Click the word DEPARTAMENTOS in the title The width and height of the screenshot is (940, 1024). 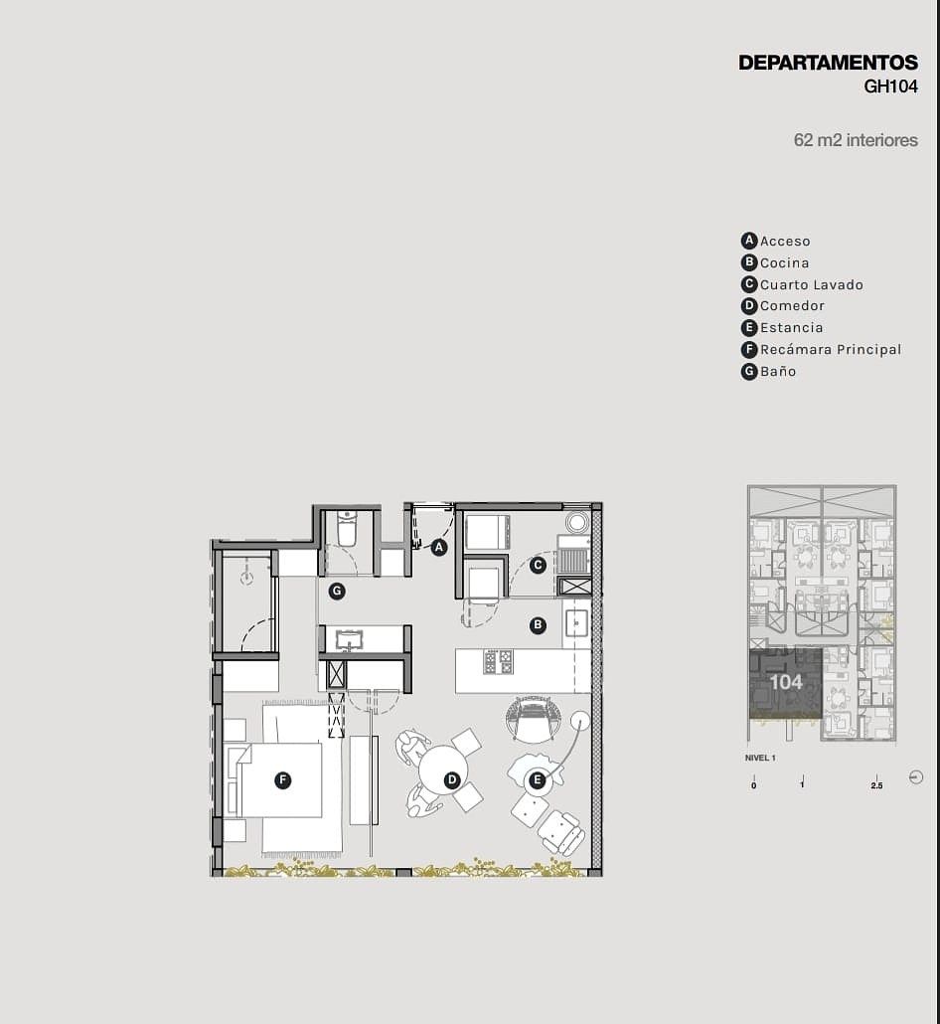(828, 63)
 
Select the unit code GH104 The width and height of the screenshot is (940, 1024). (890, 86)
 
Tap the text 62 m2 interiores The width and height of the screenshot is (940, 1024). (856, 140)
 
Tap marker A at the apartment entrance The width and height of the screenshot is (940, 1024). (439, 547)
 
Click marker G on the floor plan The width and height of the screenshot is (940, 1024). (337, 592)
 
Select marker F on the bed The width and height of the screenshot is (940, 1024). (282, 779)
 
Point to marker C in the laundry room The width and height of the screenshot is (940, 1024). (538, 565)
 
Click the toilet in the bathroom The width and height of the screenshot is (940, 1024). (347, 528)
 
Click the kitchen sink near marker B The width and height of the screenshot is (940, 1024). (577, 623)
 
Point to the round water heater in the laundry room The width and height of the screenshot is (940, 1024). (577, 522)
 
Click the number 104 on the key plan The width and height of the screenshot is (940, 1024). (786, 682)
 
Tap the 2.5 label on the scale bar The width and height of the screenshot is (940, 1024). (876, 785)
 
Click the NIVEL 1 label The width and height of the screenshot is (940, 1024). (760, 759)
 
